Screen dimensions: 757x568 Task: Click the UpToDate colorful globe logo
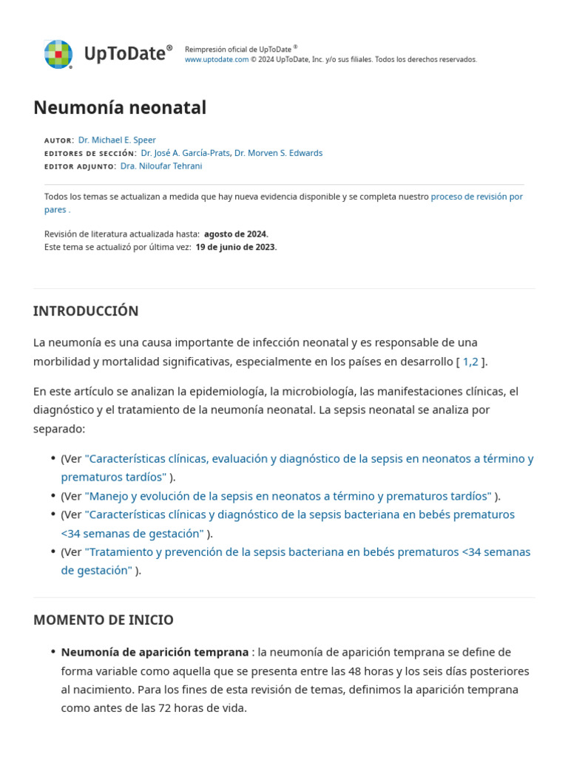(58, 54)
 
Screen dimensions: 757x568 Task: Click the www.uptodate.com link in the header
(216, 59)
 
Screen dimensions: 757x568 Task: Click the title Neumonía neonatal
(120, 108)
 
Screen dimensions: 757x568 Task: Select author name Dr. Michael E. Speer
(117, 140)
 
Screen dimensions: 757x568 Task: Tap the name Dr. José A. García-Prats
(185, 153)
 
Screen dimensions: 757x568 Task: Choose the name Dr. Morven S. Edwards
(278, 153)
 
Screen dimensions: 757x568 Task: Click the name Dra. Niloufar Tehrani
(160, 166)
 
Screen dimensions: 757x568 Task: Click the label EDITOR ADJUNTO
(79, 167)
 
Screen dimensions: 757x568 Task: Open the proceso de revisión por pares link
(476, 197)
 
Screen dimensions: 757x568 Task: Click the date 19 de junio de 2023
(235, 247)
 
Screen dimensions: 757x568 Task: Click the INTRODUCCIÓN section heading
(86, 311)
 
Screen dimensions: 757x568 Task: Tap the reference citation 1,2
(470, 361)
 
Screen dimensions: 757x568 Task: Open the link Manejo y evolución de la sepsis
(288, 496)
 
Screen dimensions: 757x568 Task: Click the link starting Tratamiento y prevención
(307, 552)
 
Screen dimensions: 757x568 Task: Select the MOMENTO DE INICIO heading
(104, 620)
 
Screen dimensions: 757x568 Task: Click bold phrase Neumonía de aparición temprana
(155, 652)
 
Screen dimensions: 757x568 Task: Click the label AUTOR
(58, 140)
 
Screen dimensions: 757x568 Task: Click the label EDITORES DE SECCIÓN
(89, 154)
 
